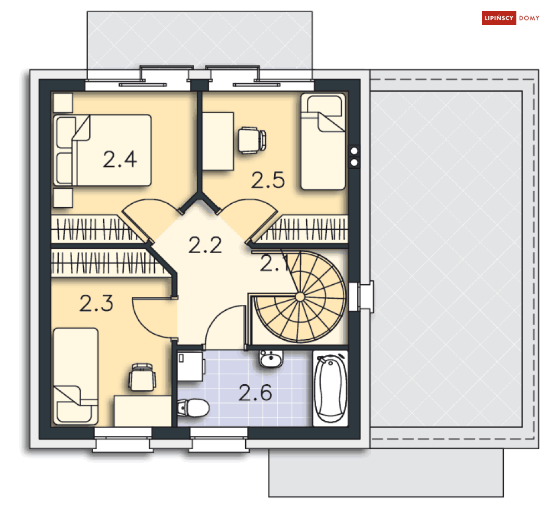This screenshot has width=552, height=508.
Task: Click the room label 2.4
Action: coord(120,159)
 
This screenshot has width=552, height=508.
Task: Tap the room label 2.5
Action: coord(268,180)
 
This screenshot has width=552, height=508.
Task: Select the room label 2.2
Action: coord(205,245)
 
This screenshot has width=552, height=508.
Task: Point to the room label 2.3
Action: coord(96,303)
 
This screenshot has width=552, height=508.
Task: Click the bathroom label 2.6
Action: coord(255,393)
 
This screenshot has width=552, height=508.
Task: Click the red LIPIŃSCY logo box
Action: coord(499,18)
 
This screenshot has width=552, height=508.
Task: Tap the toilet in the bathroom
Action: coord(193,408)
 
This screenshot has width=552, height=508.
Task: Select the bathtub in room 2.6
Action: coord(330,388)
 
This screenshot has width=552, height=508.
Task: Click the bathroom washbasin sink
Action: coord(271,359)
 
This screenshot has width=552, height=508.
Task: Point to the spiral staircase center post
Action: coord(300,297)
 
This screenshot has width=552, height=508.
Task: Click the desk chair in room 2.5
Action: coord(252,140)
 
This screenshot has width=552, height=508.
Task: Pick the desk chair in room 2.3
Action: coord(142,378)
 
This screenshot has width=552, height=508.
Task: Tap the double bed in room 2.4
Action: coord(103,150)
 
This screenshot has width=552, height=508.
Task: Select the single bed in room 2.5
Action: coord(323,142)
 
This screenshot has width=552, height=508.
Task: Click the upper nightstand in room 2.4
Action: coord(63,103)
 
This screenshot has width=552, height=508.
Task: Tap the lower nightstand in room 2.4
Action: coord(63,198)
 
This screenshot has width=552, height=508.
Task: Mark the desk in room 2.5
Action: coord(218,141)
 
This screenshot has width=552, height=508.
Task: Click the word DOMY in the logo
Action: coord(529,18)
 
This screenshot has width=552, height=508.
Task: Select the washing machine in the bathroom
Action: coord(191,366)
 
